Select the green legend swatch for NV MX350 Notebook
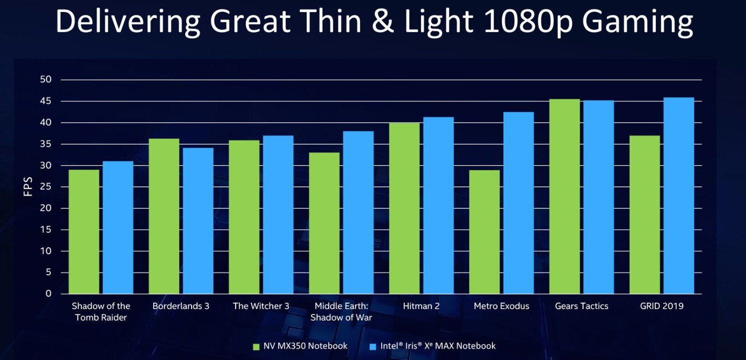pyautogui.click(x=256, y=346)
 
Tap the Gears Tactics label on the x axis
pyautogui.click(x=581, y=306)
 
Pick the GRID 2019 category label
pyautogui.click(x=661, y=306)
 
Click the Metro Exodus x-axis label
pyautogui.click(x=501, y=306)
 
